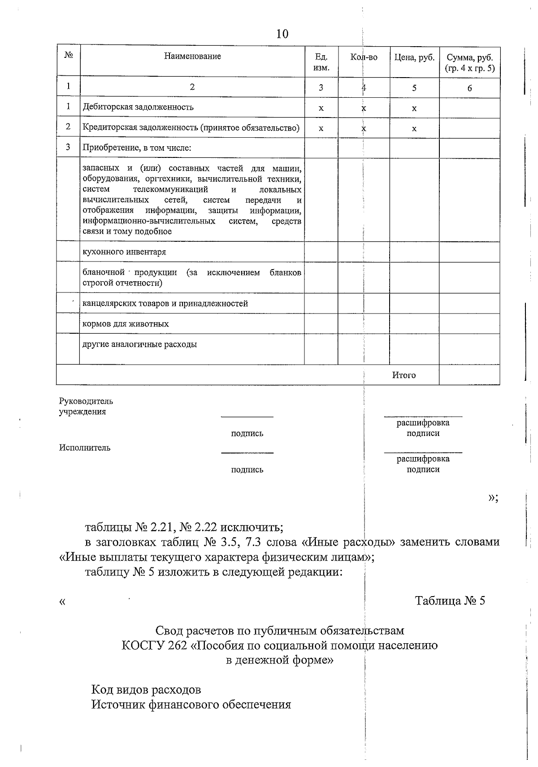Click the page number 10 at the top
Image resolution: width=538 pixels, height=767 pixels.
[282, 34]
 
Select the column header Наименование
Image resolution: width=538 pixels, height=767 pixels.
[192, 57]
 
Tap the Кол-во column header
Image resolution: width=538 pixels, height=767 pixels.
[364, 57]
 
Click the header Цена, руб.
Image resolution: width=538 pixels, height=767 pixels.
[414, 57]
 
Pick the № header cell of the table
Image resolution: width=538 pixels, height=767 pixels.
[69, 55]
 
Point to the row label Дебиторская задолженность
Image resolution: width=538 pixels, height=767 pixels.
[138, 107]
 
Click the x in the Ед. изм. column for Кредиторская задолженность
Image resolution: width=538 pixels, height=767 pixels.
[321, 129]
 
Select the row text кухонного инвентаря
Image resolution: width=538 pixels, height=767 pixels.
[124, 252]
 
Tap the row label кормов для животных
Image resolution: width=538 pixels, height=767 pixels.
[126, 324]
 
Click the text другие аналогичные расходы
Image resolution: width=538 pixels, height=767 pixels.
[139, 345]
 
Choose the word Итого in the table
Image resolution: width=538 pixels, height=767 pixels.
[404, 375]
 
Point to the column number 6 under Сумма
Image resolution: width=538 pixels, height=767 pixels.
[469, 88]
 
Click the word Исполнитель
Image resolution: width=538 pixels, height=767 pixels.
[85, 448]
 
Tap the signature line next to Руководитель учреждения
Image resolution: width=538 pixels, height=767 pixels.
[247, 416]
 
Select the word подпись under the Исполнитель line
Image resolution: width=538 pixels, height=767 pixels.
[247, 470]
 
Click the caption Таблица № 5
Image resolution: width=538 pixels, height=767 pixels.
[450, 601]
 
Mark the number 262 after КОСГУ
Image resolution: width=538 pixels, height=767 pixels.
[180, 646]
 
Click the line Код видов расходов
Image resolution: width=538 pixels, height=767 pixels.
[146, 689]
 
